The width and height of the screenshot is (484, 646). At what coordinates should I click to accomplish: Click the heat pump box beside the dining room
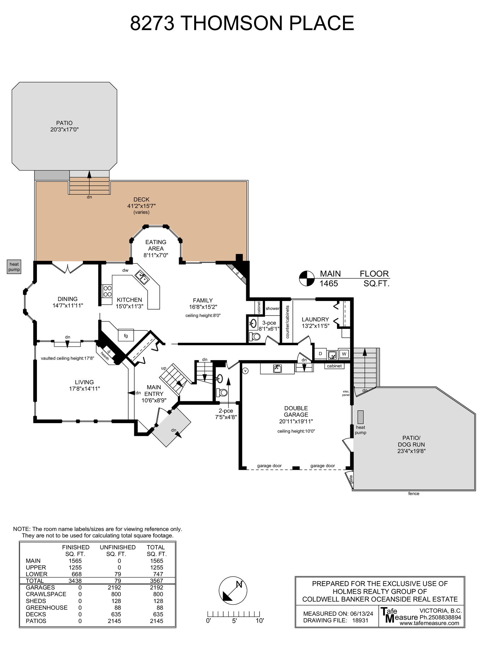[x=14, y=267]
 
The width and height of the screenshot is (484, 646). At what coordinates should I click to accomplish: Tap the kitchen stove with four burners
[x=107, y=291]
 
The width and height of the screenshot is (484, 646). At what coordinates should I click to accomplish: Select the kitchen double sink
[x=142, y=277]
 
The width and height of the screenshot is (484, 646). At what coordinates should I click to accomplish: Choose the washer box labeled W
[x=344, y=354]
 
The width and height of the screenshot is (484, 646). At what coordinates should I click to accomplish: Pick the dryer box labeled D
[x=320, y=354]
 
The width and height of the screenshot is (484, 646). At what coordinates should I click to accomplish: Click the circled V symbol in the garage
[x=245, y=371]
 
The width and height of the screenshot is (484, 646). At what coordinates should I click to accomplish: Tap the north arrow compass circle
[x=233, y=591]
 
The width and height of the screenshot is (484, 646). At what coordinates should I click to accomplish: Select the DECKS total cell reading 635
[x=158, y=614]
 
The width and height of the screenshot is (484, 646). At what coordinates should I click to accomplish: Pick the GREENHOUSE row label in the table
[x=47, y=608]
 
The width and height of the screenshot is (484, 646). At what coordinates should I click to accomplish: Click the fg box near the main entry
[x=126, y=335]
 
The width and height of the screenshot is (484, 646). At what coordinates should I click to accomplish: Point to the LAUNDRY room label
[x=315, y=319]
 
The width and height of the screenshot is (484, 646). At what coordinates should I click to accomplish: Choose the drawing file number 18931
[x=360, y=620]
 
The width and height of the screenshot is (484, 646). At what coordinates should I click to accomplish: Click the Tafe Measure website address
[x=429, y=623]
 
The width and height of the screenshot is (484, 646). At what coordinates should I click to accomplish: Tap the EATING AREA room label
[x=156, y=245]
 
